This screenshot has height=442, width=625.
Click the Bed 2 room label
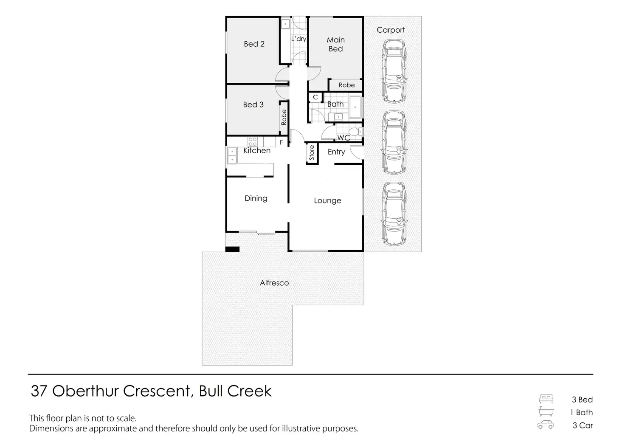(x=254, y=44)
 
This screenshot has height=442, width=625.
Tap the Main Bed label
(x=335, y=44)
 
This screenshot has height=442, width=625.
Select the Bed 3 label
(x=253, y=104)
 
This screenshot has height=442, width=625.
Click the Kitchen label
(x=257, y=150)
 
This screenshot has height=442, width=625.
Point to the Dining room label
(x=256, y=198)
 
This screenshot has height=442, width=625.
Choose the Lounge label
(x=327, y=200)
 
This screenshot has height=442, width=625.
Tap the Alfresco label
(x=274, y=283)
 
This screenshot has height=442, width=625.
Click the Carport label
(x=391, y=30)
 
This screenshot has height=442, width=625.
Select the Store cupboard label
(x=312, y=153)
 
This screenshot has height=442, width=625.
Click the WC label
(x=343, y=138)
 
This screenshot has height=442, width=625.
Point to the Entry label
(x=336, y=152)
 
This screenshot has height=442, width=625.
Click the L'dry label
(x=298, y=39)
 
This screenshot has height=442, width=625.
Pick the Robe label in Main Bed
(x=346, y=85)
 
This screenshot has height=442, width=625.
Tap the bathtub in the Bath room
(x=355, y=107)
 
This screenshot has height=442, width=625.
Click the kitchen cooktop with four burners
(x=252, y=141)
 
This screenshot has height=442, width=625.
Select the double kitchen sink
(x=232, y=155)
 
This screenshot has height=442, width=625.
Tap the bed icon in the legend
(x=546, y=399)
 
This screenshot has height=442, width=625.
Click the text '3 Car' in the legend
(x=583, y=425)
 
